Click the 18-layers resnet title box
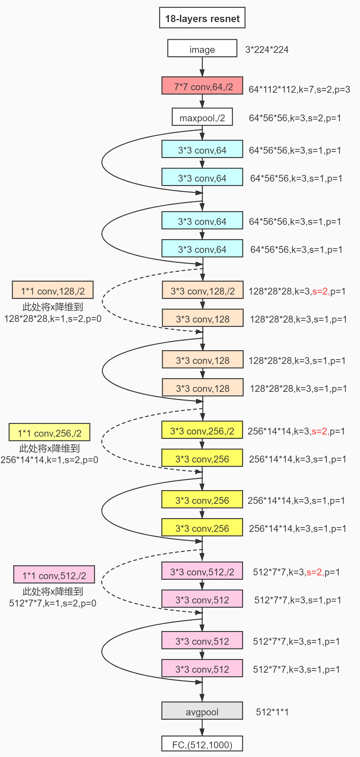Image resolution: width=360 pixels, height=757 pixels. [x=202, y=18]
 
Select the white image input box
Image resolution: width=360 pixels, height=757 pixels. [x=202, y=49]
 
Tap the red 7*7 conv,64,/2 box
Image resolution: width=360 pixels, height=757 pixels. [x=202, y=86]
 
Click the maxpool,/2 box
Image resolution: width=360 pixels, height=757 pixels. [x=202, y=117]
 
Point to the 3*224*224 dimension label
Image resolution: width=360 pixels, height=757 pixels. [x=267, y=50]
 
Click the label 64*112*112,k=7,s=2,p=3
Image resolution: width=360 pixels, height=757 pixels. [x=299, y=90]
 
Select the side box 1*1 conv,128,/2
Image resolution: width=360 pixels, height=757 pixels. [x=53, y=290]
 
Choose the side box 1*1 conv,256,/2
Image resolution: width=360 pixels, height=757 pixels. [x=49, y=432]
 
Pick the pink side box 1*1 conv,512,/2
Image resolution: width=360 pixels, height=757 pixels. [x=54, y=575]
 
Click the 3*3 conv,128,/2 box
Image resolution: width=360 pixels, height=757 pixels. [x=202, y=290]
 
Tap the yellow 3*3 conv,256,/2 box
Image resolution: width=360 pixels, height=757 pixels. [x=202, y=430]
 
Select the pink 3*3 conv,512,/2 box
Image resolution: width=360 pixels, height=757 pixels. [x=202, y=571]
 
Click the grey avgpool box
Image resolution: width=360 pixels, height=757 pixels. [x=202, y=711]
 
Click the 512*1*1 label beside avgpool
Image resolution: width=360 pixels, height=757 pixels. [x=272, y=712]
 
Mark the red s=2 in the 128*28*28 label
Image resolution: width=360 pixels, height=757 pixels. [x=320, y=291]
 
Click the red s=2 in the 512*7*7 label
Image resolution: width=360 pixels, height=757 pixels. [x=315, y=572]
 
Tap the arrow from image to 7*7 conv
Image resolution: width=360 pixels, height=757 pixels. [x=202, y=67]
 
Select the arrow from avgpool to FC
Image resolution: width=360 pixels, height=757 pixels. [x=202, y=728]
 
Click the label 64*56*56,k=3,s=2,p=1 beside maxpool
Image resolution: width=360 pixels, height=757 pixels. [x=295, y=118]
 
